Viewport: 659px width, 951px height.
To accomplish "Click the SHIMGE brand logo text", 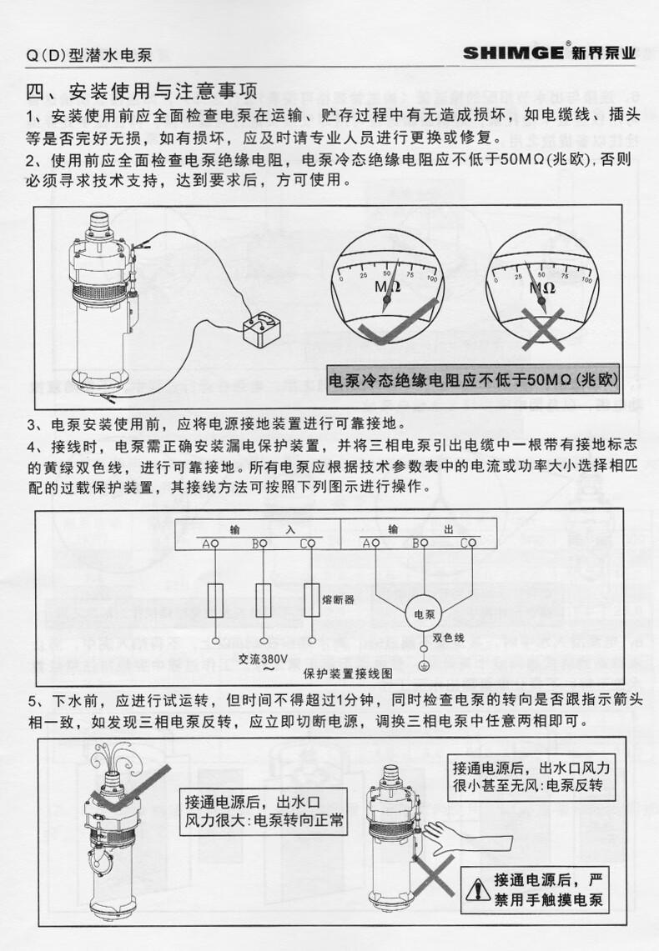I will pos(515,53).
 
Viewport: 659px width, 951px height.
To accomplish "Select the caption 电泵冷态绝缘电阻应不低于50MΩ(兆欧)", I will pos(472,381).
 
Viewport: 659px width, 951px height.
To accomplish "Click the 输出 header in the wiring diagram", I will pos(419,529).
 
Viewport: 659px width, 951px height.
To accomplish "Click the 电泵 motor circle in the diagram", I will pos(425,614).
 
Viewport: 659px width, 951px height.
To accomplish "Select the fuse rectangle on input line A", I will pos(214,598).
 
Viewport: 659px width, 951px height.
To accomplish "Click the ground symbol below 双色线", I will pos(424,664).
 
